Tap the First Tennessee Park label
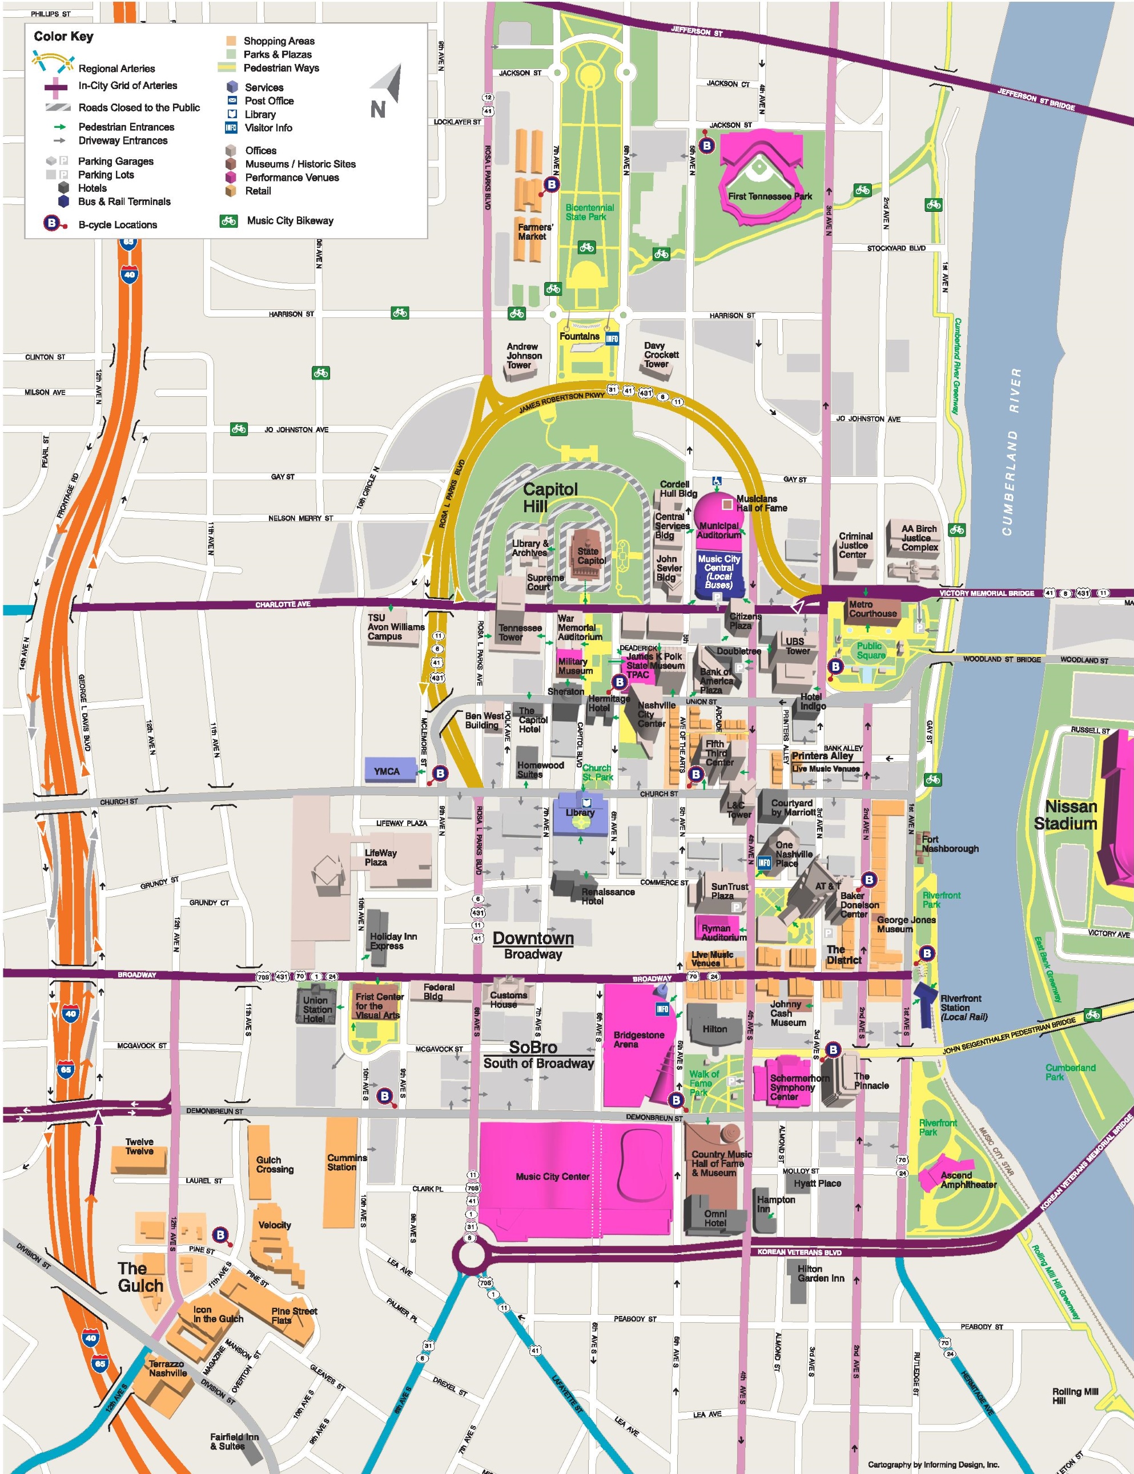pyautogui.click(x=770, y=196)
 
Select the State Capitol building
pyautogui.click(x=589, y=555)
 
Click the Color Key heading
pyautogui.click(x=63, y=37)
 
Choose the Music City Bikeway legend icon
pyautogui.click(x=229, y=221)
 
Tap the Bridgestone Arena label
pyautogui.click(x=638, y=1040)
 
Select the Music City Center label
pyautogui.click(x=552, y=1177)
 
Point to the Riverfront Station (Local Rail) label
pyautogui.click(x=963, y=1007)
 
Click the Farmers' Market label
pyautogui.click(x=534, y=232)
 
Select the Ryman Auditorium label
pyautogui.click(x=723, y=933)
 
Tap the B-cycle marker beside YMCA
pyautogui.click(x=440, y=774)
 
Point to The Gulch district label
pyautogui.click(x=140, y=1277)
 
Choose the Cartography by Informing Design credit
pyautogui.click(x=933, y=1464)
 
